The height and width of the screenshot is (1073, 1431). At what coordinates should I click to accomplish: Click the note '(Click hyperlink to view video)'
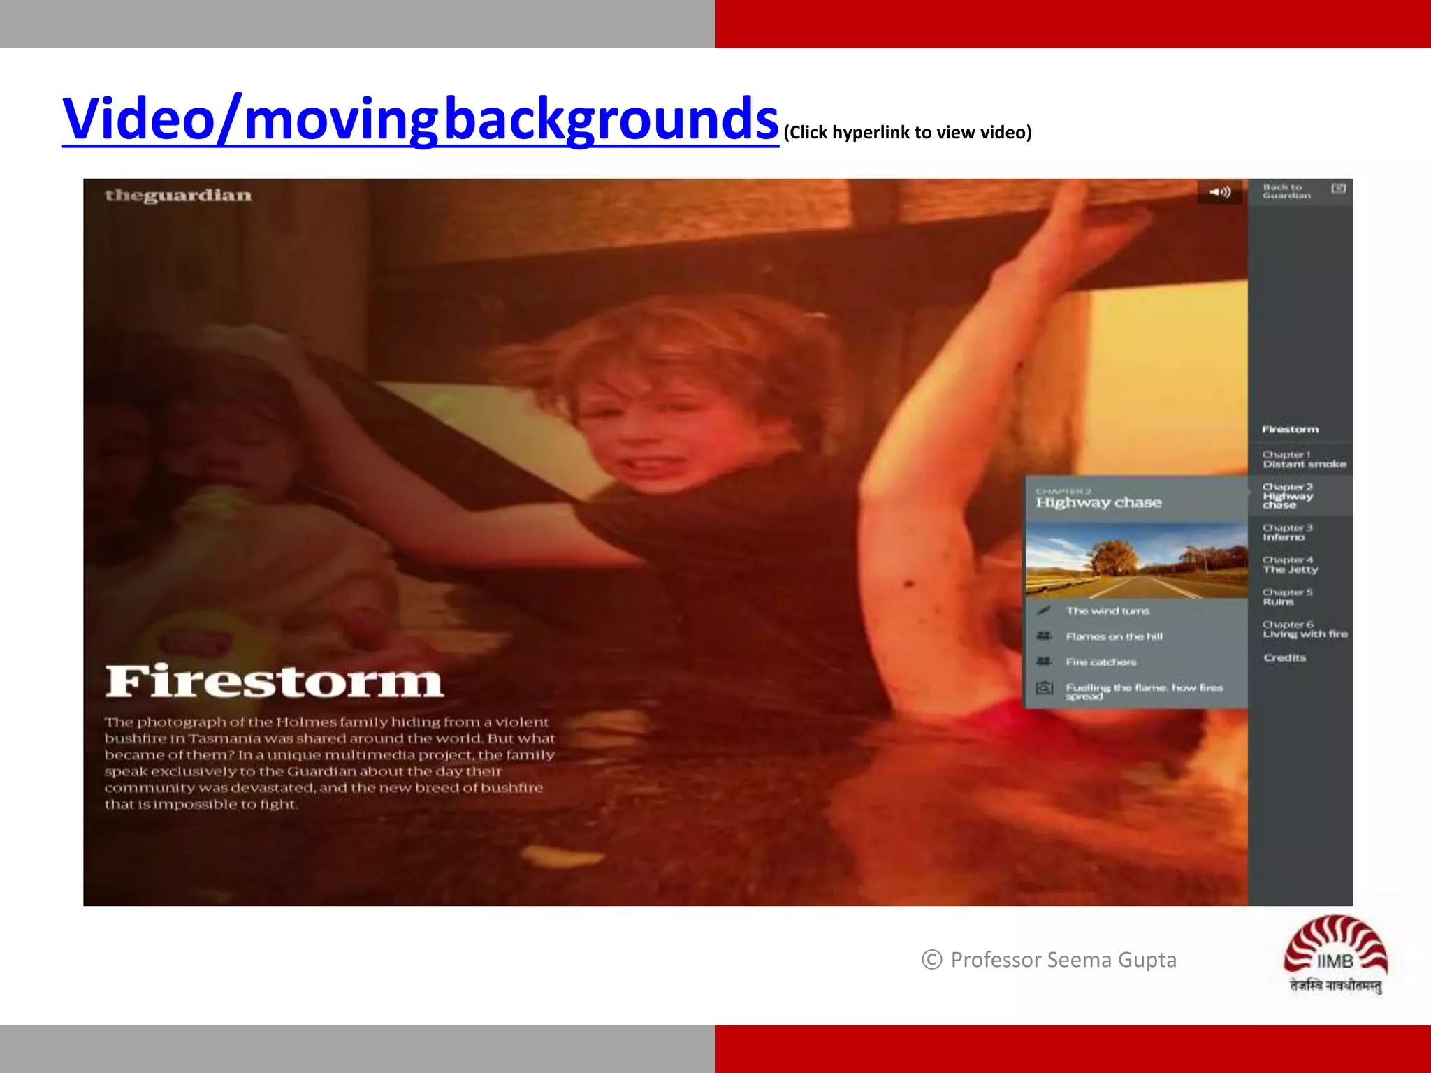(907, 133)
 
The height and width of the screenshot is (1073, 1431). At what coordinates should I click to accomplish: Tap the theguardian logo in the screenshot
(178, 196)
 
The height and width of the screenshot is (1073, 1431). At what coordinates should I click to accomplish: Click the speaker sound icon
(1220, 192)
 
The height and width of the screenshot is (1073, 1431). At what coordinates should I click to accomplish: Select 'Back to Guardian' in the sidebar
(1286, 191)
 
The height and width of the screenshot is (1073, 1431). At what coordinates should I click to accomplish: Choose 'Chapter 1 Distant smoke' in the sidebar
(1304, 459)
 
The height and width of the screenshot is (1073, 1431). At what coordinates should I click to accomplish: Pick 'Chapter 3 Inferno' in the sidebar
(1287, 532)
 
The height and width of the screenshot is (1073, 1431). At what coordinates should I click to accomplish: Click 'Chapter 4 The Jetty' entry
(1290, 564)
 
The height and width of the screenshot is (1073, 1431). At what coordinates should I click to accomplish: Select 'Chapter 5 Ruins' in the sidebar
(1287, 597)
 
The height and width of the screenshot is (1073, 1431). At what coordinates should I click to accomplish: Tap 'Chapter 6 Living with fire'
(1305, 629)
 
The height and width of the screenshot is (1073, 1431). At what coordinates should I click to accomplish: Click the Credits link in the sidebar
(1284, 657)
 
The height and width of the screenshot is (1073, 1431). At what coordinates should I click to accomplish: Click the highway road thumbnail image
(1136, 560)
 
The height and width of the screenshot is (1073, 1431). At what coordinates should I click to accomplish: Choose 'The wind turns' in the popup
(1107, 611)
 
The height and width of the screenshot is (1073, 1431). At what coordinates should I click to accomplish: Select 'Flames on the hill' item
(1114, 636)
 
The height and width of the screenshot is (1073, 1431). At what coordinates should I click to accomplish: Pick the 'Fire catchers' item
(1101, 662)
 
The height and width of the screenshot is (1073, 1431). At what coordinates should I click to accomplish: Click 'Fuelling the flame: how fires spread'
(1143, 691)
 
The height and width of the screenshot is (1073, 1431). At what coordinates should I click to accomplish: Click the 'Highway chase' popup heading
(1098, 502)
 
